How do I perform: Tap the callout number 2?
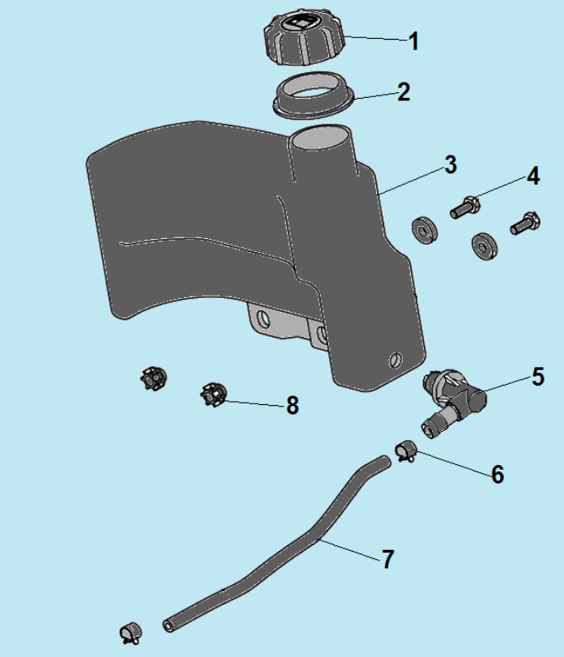[x=403, y=91]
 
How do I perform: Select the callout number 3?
[x=451, y=165]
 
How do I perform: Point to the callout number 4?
[x=532, y=176]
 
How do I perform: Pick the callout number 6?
[x=497, y=474]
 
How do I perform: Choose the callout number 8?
[x=292, y=405]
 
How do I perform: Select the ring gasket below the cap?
[x=314, y=96]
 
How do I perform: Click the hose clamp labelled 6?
[x=406, y=450]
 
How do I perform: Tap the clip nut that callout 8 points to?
[x=212, y=395]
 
